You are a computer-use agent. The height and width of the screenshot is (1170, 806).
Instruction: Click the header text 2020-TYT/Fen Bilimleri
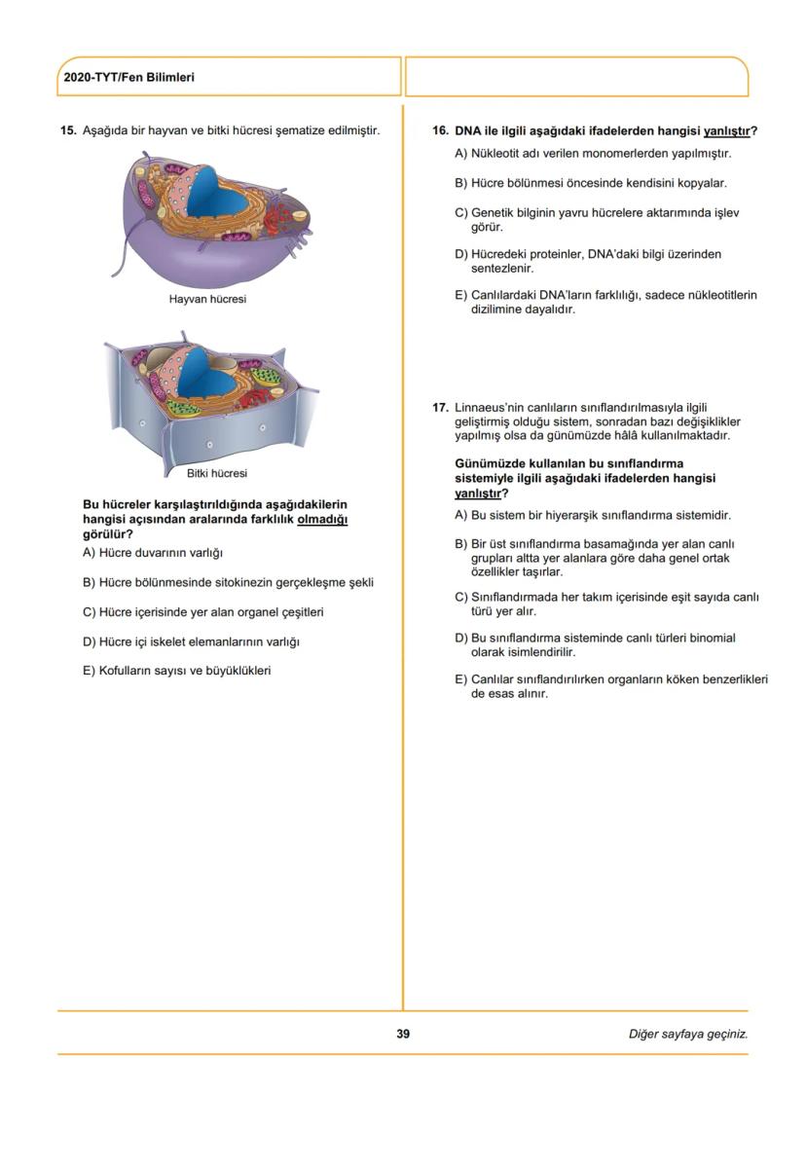pyautogui.click(x=128, y=77)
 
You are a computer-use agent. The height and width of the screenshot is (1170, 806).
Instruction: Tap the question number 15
pyautogui.click(x=68, y=130)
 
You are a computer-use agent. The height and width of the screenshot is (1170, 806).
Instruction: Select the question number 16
pyautogui.click(x=440, y=130)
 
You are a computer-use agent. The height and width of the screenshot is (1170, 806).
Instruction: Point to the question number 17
pyautogui.click(x=440, y=408)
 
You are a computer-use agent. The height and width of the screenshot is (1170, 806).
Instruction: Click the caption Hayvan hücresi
pyautogui.click(x=207, y=299)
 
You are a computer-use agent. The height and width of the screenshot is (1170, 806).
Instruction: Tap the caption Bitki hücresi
pyautogui.click(x=216, y=473)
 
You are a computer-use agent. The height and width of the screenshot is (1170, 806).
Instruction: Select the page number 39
pyautogui.click(x=403, y=1034)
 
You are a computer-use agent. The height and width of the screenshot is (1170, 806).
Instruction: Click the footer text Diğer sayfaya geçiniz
pyautogui.click(x=687, y=1034)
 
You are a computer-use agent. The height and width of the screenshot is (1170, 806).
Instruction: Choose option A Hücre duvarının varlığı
pyautogui.click(x=153, y=553)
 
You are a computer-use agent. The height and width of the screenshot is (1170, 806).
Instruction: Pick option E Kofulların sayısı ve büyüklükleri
pyautogui.click(x=176, y=670)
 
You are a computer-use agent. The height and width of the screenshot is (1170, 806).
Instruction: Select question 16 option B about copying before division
pyautogui.click(x=591, y=183)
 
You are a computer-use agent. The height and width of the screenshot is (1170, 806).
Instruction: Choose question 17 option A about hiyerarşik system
pyautogui.click(x=593, y=515)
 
